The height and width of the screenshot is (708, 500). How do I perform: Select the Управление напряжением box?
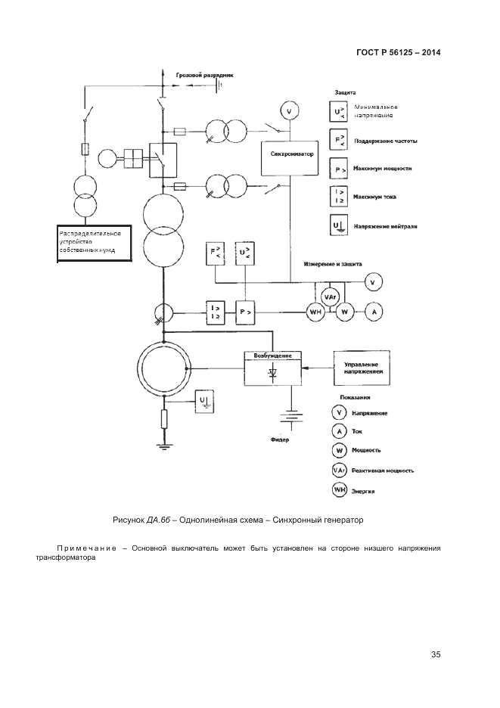[360, 368]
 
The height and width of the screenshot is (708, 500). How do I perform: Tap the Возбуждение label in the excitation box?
[272, 356]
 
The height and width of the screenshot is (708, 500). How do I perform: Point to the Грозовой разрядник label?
[205, 76]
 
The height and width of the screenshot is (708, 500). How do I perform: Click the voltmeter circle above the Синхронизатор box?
[287, 112]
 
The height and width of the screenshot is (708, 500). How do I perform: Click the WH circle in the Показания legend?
[339, 490]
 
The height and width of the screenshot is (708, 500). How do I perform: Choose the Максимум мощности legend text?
[382, 169]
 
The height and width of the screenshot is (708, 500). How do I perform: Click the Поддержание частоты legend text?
[384, 141]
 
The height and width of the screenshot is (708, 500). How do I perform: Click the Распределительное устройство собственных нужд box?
[94, 243]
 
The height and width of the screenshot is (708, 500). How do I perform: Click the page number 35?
[435, 654]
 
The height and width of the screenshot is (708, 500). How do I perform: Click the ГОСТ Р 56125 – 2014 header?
[398, 53]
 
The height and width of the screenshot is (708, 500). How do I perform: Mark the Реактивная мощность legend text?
[382, 470]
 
